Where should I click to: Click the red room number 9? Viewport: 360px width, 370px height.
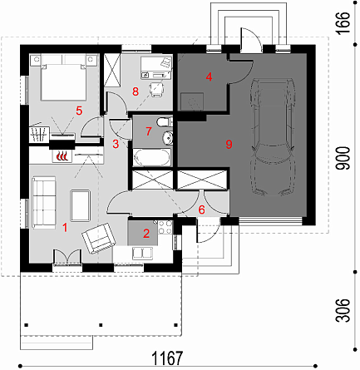coord(229,144)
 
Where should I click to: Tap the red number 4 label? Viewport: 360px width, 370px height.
coord(209,76)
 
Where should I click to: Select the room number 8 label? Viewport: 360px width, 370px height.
coord(136,91)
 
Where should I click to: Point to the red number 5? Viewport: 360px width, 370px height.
coord(79,111)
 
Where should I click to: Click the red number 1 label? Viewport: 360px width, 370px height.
coord(65,228)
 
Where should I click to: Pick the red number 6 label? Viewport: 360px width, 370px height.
coord(201,210)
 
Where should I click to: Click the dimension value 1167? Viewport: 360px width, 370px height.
coord(168,358)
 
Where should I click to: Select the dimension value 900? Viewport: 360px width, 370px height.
coord(343,158)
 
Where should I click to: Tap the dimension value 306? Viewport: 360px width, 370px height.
coord(343,310)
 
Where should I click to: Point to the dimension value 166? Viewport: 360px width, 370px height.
coord(343,22)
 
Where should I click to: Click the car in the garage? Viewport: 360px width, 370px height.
coord(272,137)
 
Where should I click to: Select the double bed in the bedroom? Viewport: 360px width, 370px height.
coord(63,77)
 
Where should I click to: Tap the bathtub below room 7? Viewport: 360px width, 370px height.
coord(152,157)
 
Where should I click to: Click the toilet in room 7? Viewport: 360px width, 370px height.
coord(164,122)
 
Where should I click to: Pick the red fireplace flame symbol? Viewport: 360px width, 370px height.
coord(62,155)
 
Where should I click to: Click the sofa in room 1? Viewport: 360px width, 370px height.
coord(44,203)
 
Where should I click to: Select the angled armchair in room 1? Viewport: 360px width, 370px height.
coord(98,238)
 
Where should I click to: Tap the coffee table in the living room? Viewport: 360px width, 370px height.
coord(81,205)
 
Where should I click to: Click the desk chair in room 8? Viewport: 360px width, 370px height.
coord(156,89)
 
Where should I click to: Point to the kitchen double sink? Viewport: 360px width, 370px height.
coord(143,253)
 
